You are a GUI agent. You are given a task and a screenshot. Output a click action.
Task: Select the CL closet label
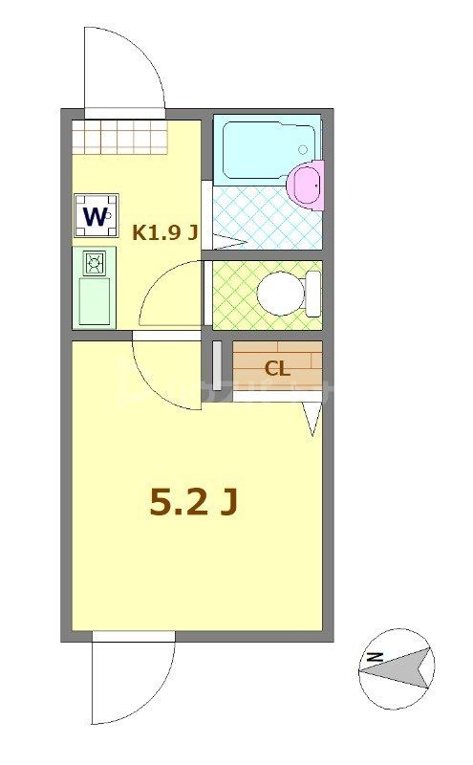click(x=277, y=368)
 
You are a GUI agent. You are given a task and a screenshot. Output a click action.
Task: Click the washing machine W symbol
click(x=97, y=215)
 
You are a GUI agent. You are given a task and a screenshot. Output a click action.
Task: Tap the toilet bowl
click(x=282, y=293)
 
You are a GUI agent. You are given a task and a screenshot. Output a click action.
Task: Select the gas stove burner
click(x=94, y=262)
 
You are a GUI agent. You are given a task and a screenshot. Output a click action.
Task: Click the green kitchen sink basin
click(x=94, y=300)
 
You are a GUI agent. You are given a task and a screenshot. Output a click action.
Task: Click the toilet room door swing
click(x=172, y=296)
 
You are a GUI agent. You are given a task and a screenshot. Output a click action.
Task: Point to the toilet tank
click(x=312, y=293)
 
